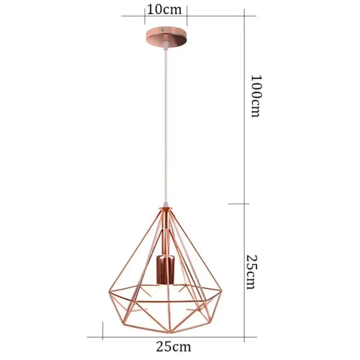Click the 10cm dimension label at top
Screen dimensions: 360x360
[x=166, y=9]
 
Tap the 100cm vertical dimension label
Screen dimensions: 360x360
[x=256, y=95]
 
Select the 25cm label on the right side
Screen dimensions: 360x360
[x=252, y=271]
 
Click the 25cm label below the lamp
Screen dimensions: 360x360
[x=174, y=347]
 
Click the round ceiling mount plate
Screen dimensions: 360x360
[x=166, y=36]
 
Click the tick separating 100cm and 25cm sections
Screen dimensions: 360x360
[x=244, y=203]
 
